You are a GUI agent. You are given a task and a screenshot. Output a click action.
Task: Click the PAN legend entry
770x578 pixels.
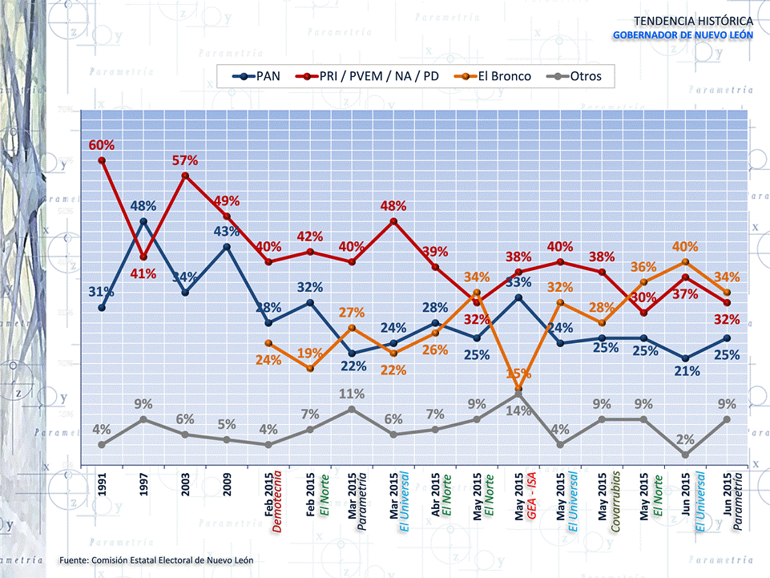click(x=256, y=77)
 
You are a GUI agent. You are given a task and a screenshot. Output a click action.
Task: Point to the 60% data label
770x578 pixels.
click(x=101, y=145)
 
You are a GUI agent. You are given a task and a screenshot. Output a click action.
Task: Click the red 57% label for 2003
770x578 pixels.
click(x=185, y=160)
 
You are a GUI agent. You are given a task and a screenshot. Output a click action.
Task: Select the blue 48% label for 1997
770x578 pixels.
click(x=143, y=206)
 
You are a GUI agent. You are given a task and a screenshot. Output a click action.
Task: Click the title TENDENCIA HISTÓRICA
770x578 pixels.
click(x=692, y=20)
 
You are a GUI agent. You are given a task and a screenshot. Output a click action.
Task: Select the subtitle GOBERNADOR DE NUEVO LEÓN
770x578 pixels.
click(x=682, y=35)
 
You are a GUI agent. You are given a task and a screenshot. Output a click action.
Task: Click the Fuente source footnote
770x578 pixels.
click(x=156, y=559)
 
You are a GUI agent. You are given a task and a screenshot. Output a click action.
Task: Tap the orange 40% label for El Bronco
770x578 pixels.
click(x=685, y=247)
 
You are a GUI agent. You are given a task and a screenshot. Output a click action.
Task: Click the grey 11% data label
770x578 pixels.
click(x=352, y=394)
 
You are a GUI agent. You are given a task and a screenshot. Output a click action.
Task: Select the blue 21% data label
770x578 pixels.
click(x=687, y=371)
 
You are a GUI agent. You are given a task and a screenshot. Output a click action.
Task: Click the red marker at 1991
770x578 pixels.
click(x=101, y=160)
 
